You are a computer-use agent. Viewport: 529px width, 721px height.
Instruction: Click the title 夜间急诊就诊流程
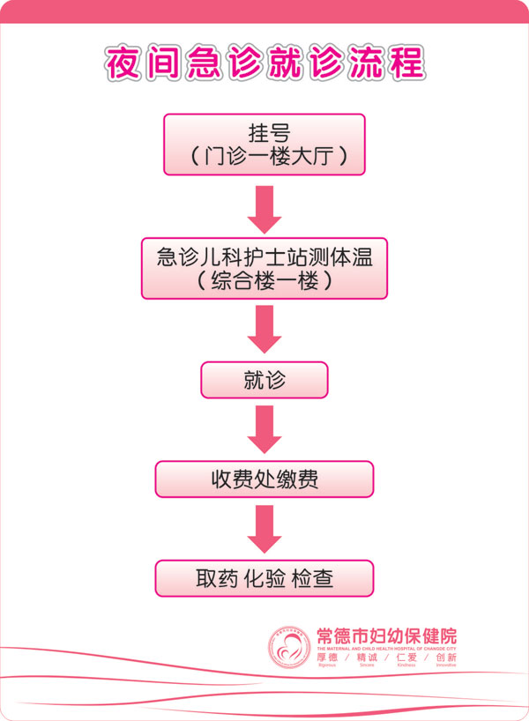(x=264, y=63)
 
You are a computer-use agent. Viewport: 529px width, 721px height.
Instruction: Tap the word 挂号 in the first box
(x=264, y=133)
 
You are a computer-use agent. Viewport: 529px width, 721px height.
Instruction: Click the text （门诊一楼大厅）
(x=264, y=157)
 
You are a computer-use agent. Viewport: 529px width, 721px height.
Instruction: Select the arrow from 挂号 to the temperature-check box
(x=264, y=209)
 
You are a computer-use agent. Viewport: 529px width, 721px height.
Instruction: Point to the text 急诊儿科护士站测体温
(x=264, y=256)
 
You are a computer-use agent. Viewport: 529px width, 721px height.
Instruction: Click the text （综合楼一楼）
(x=264, y=281)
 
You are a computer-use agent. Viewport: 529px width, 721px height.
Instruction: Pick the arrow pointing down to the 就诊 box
(x=264, y=329)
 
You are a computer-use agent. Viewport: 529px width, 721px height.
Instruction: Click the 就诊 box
(x=264, y=380)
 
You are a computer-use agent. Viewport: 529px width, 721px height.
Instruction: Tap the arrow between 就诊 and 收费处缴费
(x=264, y=429)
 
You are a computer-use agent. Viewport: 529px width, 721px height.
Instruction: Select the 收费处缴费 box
(x=264, y=479)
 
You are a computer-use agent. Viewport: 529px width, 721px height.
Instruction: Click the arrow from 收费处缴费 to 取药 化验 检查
(x=264, y=529)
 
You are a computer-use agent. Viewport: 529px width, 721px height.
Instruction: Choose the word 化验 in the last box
(x=264, y=579)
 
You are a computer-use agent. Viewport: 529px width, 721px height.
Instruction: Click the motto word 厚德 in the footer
(x=328, y=658)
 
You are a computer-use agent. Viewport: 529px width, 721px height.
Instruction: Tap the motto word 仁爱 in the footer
(x=406, y=658)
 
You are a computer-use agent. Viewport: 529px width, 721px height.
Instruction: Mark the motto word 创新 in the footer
(x=445, y=658)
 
